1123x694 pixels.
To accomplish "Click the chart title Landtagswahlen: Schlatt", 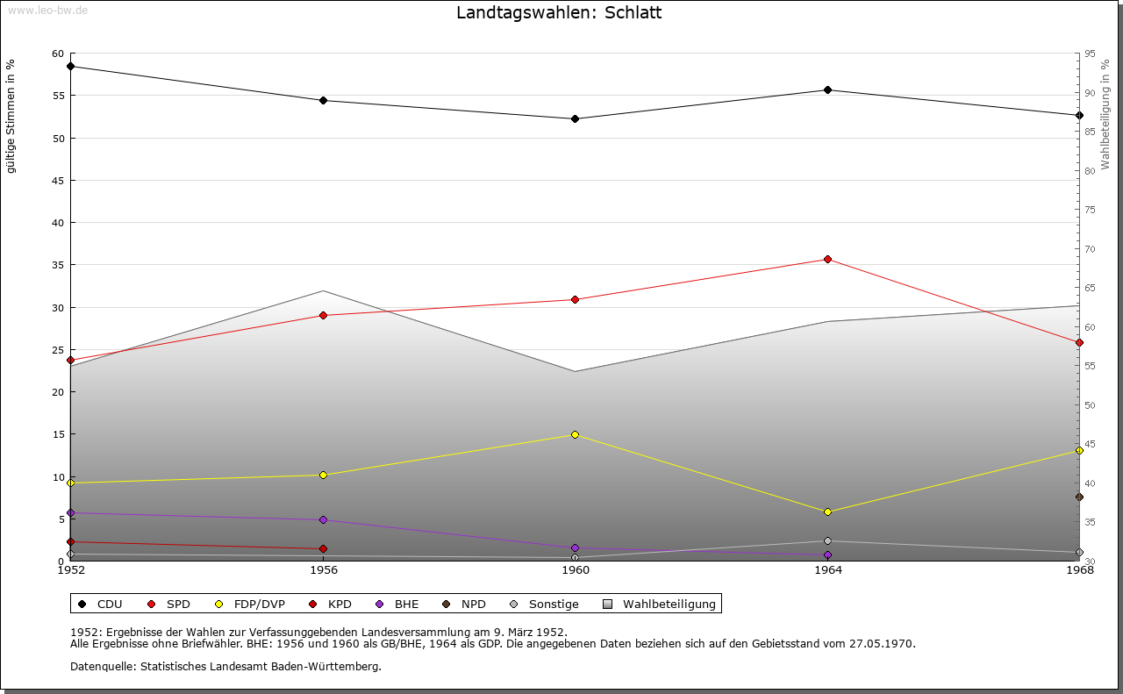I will pyautogui.click(x=559, y=13).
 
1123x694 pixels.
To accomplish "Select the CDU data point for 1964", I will pyautogui.click(x=827, y=89).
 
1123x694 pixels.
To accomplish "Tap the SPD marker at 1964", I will pyautogui.click(x=827, y=259).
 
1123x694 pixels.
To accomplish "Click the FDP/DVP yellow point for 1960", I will pyautogui.click(x=576, y=434).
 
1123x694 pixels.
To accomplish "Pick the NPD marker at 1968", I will pyautogui.click(x=1079, y=497).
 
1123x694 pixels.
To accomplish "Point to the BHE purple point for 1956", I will pyautogui.click(x=323, y=519).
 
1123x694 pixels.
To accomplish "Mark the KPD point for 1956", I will pyautogui.click(x=323, y=548).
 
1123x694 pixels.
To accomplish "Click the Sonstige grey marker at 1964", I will pyautogui.click(x=827, y=540).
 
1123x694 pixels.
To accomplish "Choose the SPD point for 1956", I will pyautogui.click(x=323, y=315).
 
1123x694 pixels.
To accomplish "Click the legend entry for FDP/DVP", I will pyautogui.click(x=259, y=604).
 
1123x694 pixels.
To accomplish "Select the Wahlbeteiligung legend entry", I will pyautogui.click(x=669, y=604).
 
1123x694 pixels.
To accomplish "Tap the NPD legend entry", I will pyautogui.click(x=473, y=604).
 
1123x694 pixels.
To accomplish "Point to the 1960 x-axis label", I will pyautogui.click(x=576, y=570).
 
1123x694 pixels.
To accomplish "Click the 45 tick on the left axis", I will pyautogui.click(x=57, y=180).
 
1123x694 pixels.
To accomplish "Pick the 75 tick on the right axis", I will pyautogui.click(x=1089, y=210).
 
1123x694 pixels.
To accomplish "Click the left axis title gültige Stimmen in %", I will pyautogui.click(x=11, y=117).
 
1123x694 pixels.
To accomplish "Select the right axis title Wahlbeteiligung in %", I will pyautogui.click(x=1105, y=115).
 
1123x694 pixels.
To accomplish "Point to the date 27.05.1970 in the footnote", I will pyautogui.click(x=882, y=643).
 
